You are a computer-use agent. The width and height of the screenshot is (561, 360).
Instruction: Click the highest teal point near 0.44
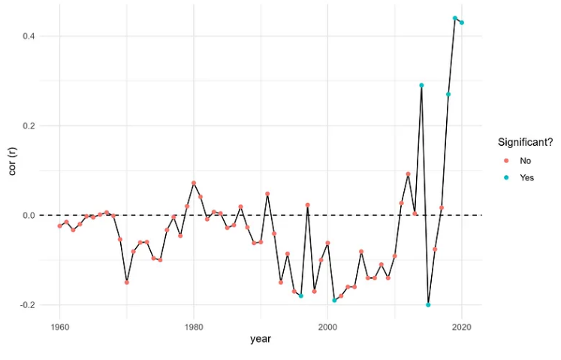(455, 18)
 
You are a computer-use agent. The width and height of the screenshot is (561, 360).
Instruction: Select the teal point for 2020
(462, 23)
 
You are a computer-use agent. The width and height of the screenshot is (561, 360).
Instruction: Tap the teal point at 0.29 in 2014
(421, 85)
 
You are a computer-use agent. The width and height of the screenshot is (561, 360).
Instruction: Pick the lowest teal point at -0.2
(428, 304)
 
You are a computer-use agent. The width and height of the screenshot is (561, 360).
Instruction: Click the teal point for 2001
(334, 300)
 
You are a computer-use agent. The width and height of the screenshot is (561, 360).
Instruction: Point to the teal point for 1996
(301, 295)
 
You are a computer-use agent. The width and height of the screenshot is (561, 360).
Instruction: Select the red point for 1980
(194, 183)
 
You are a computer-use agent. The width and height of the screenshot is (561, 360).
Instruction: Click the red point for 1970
(127, 282)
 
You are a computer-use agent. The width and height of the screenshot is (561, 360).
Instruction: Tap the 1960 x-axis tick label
(60, 326)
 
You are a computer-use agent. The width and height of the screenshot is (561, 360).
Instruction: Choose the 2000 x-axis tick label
(327, 326)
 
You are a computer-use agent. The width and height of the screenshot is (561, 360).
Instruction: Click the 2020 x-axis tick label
(462, 326)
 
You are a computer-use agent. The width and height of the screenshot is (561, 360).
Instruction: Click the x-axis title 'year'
(261, 340)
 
